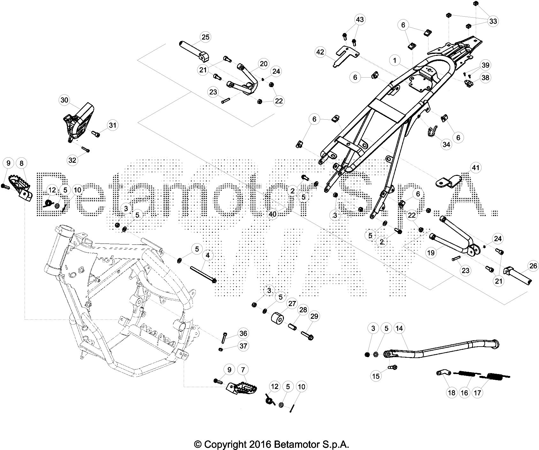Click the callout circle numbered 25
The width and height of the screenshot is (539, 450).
[x=206, y=37]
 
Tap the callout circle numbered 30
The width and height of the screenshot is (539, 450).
[x=64, y=100]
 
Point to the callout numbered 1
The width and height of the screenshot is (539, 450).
[x=395, y=60]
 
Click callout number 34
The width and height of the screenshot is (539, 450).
[x=446, y=145]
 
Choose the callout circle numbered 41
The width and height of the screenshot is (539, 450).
[x=476, y=167]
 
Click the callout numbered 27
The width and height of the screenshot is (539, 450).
[x=293, y=303]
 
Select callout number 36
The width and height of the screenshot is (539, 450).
[x=243, y=334]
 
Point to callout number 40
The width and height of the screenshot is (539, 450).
[x=272, y=214]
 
